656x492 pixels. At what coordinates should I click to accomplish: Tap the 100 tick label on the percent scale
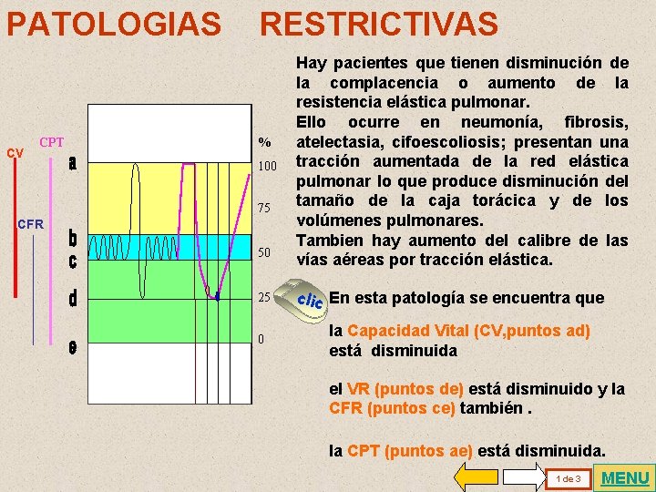click(x=266, y=167)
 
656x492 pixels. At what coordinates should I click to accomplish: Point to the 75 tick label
click(x=264, y=209)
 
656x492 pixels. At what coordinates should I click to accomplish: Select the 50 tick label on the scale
click(x=264, y=251)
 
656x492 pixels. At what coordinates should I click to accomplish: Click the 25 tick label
click(x=264, y=297)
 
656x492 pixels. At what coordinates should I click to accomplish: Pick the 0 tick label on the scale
click(x=261, y=340)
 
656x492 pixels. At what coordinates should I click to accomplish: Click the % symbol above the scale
click(x=264, y=142)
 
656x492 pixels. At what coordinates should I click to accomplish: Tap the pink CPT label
click(x=51, y=142)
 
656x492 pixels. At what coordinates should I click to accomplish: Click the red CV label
click(x=15, y=153)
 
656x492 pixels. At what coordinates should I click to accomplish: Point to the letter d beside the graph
click(x=72, y=298)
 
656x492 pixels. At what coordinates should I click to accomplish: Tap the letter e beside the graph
click(x=72, y=347)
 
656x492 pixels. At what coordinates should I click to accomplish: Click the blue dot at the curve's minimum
click(x=218, y=297)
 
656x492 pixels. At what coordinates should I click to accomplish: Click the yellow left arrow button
click(x=475, y=477)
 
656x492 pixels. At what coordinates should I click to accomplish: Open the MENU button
click(x=626, y=477)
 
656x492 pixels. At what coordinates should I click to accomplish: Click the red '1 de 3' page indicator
click(x=568, y=478)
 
